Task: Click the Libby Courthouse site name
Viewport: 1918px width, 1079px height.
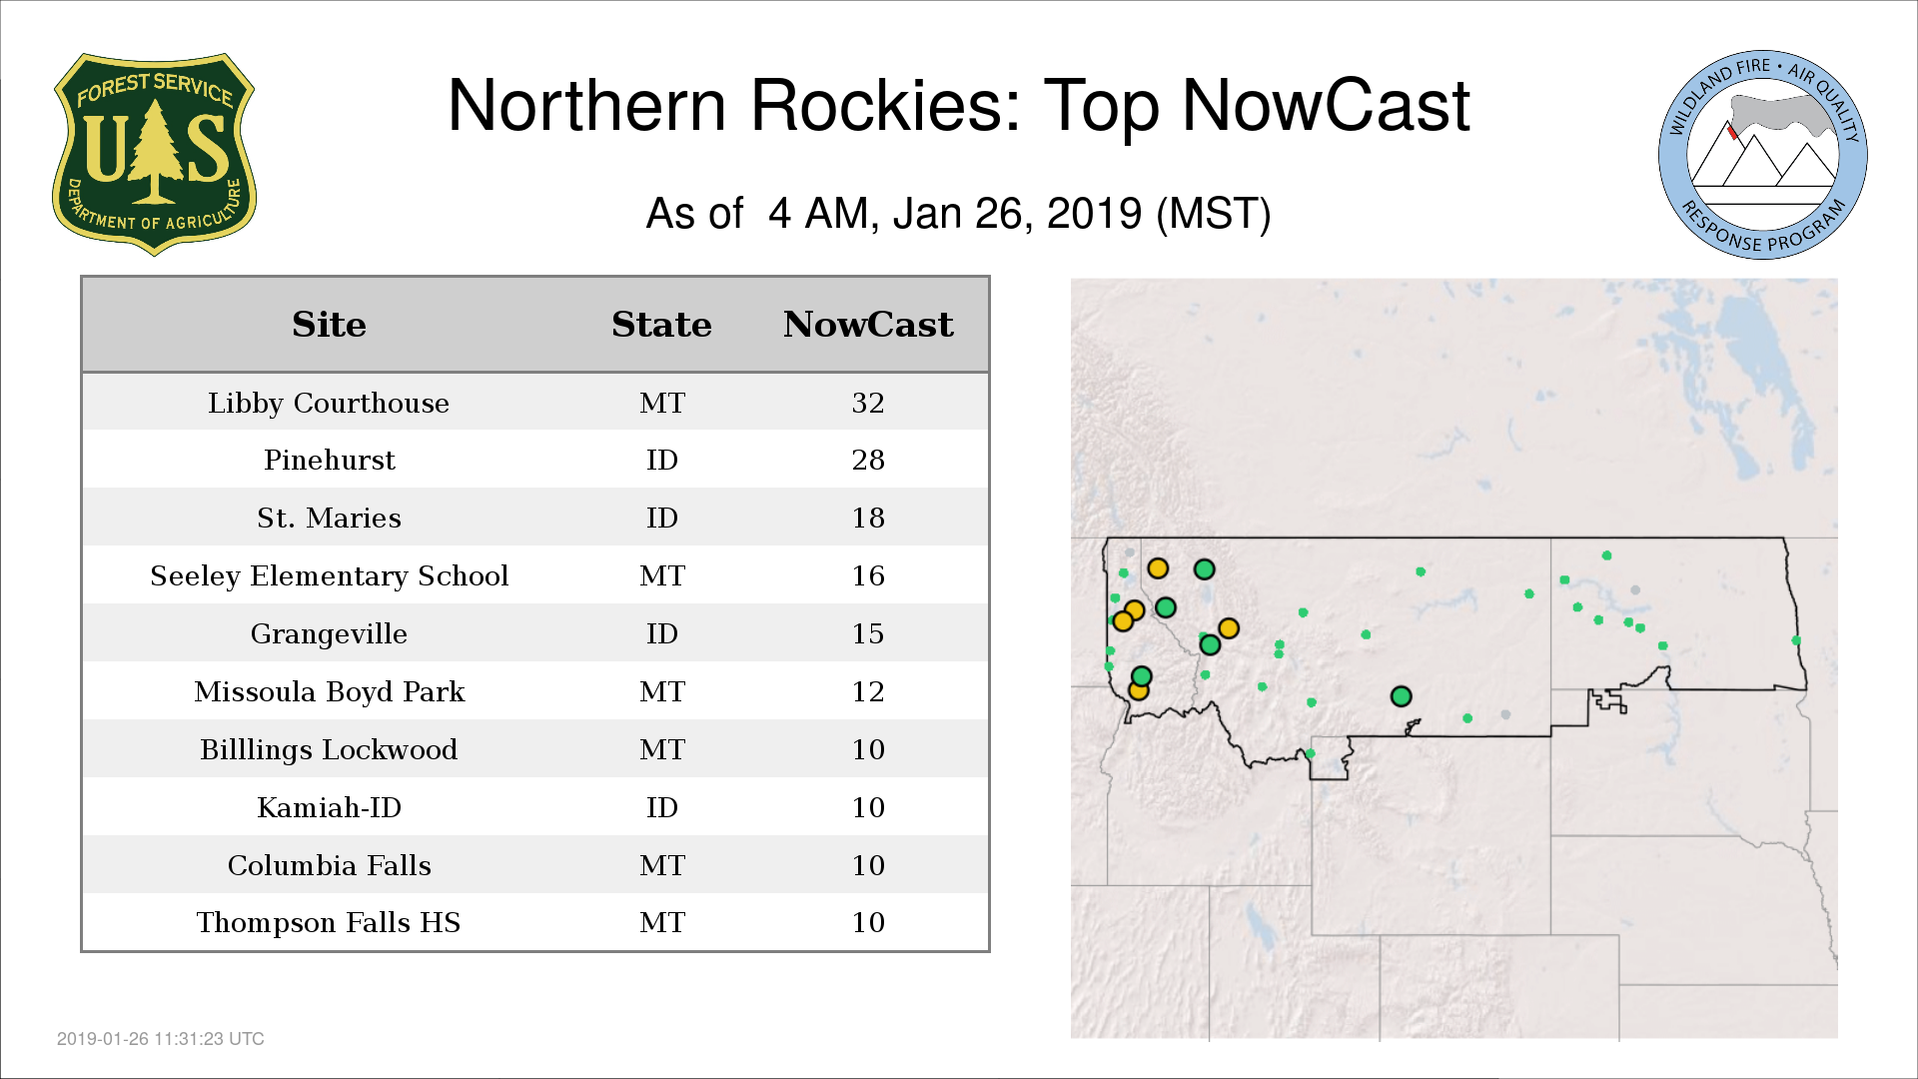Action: pyautogui.click(x=329, y=403)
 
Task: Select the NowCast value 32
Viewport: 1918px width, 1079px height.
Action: pyautogui.click(x=868, y=403)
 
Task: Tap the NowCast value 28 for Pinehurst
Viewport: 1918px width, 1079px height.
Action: pyautogui.click(x=868, y=460)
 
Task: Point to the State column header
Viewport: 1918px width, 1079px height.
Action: pyautogui.click(x=661, y=325)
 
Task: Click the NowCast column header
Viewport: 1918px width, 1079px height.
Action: pyautogui.click(x=868, y=325)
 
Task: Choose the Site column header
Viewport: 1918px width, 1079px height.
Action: pyautogui.click(x=329, y=325)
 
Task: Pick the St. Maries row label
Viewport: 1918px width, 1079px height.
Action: pyautogui.click(x=329, y=518)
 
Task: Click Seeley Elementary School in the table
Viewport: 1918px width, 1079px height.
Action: pyautogui.click(x=329, y=575)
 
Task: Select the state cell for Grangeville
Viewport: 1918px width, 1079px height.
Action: pyautogui.click(x=661, y=633)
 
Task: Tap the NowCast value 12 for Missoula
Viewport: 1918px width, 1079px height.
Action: pyautogui.click(x=868, y=691)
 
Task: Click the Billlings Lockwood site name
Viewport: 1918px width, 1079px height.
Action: pyautogui.click(x=329, y=749)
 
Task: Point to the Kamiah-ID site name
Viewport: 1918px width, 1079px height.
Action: pyautogui.click(x=329, y=807)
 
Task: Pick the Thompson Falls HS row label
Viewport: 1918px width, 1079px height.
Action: pyautogui.click(x=329, y=922)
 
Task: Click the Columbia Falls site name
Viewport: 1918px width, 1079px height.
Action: pyautogui.click(x=329, y=865)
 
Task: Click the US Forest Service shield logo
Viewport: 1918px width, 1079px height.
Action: pyautogui.click(x=154, y=155)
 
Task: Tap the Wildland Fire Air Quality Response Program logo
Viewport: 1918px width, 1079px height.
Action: pyautogui.click(x=1763, y=155)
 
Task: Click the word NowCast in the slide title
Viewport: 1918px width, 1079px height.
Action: pyautogui.click(x=1326, y=106)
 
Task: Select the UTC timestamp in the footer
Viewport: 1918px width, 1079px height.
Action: pyautogui.click(x=161, y=1039)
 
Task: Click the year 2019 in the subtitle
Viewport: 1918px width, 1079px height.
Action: pyautogui.click(x=1094, y=214)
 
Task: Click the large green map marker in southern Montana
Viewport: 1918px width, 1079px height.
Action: pyautogui.click(x=1401, y=696)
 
